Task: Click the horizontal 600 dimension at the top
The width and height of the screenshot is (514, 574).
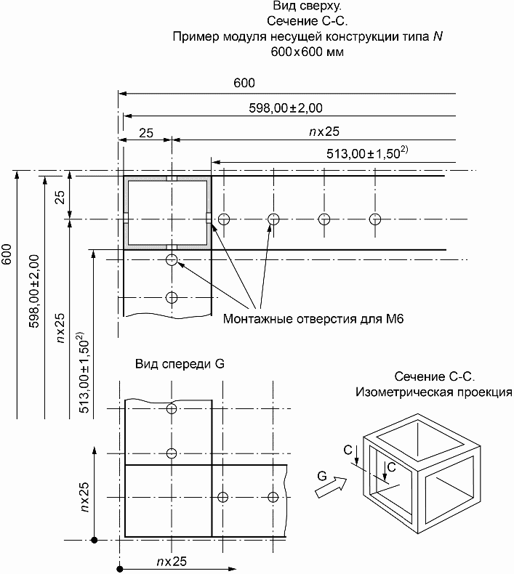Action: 244,83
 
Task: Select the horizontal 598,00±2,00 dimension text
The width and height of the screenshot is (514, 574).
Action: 286,108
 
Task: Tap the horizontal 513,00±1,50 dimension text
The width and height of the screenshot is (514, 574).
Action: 367,153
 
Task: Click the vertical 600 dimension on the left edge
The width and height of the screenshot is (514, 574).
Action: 7,254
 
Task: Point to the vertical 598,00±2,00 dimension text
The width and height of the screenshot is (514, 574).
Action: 33,291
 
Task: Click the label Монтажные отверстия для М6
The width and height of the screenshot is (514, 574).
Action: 313,319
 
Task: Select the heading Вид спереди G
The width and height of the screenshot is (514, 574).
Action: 180,364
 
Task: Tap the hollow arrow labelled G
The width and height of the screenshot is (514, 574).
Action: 331,488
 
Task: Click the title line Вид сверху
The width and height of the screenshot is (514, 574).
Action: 307,6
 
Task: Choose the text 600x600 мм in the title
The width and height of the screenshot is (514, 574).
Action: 307,52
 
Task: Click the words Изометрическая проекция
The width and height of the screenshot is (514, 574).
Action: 434,392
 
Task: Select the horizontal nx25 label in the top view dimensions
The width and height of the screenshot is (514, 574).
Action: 324,132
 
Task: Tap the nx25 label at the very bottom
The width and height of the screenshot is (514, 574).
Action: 172,561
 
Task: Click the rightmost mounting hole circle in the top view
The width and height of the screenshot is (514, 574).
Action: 375,219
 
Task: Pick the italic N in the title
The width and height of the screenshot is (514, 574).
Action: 438,36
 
